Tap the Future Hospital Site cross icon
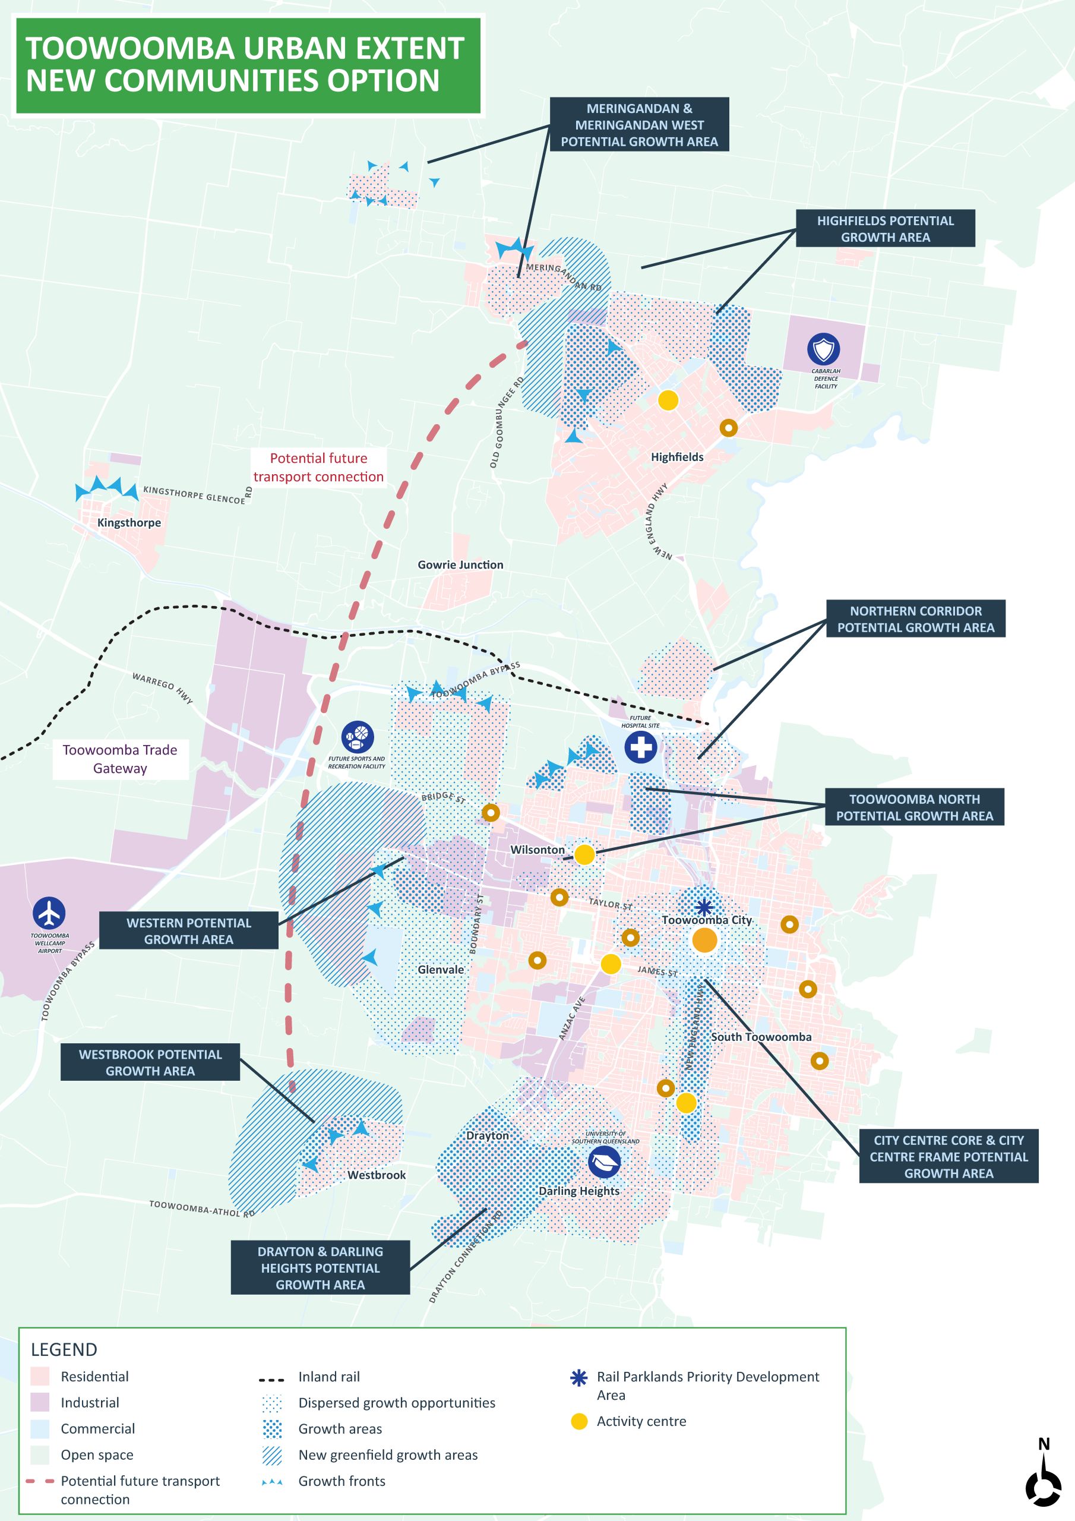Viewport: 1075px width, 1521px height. (x=640, y=747)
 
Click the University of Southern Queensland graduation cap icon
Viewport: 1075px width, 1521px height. (x=604, y=1163)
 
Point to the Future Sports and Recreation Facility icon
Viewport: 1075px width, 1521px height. (x=357, y=737)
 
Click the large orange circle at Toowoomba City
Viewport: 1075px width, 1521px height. (x=704, y=940)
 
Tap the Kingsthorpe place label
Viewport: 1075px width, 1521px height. (x=128, y=523)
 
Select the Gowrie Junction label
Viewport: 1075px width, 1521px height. (x=460, y=564)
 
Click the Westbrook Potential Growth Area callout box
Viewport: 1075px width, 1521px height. (x=150, y=1062)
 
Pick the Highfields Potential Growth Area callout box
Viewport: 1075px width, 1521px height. (x=885, y=229)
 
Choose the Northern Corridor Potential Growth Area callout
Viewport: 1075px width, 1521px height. (x=915, y=619)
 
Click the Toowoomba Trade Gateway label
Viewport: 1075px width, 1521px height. (x=120, y=759)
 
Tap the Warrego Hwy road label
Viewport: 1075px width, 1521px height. (x=162, y=689)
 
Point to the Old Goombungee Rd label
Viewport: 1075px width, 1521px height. (x=507, y=422)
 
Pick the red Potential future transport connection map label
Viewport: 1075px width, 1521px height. (x=318, y=467)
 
